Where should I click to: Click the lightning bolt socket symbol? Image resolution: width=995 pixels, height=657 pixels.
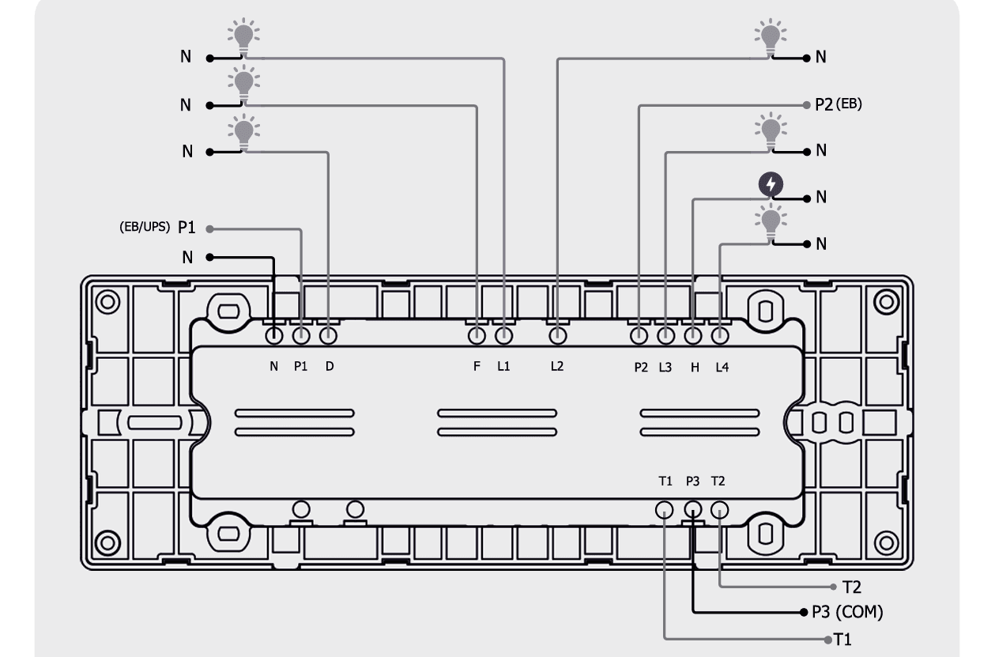[771, 184]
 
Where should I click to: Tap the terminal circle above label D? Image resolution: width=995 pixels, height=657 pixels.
[328, 336]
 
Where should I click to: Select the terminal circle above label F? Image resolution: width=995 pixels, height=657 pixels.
[477, 336]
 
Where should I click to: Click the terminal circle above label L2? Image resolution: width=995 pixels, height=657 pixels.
[557, 336]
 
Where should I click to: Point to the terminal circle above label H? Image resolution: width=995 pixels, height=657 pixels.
[693, 336]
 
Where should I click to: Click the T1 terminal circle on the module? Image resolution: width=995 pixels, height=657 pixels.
[664, 510]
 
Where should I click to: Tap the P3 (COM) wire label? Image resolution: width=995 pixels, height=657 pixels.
[847, 612]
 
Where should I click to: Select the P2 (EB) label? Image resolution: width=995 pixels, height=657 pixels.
[839, 104]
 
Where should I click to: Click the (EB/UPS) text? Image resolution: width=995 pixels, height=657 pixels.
[145, 227]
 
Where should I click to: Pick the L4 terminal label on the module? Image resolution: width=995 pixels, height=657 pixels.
[722, 367]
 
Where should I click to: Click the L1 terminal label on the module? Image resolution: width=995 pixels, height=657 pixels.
[503, 366]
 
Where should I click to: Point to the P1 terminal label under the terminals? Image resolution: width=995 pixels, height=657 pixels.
[301, 366]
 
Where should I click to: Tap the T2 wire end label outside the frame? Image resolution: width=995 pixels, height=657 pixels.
[851, 587]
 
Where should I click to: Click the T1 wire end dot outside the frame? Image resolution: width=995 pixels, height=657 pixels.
[827, 640]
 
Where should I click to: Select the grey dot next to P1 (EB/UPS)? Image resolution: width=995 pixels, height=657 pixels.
[209, 228]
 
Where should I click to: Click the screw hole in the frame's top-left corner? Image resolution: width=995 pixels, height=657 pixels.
[107, 302]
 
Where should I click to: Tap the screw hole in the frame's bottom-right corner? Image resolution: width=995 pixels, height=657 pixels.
[886, 543]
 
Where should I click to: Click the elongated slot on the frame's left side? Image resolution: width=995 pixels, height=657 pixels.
[155, 422]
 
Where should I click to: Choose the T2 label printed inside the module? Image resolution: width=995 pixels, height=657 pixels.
[718, 481]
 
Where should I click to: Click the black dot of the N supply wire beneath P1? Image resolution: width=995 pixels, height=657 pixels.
[209, 257]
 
